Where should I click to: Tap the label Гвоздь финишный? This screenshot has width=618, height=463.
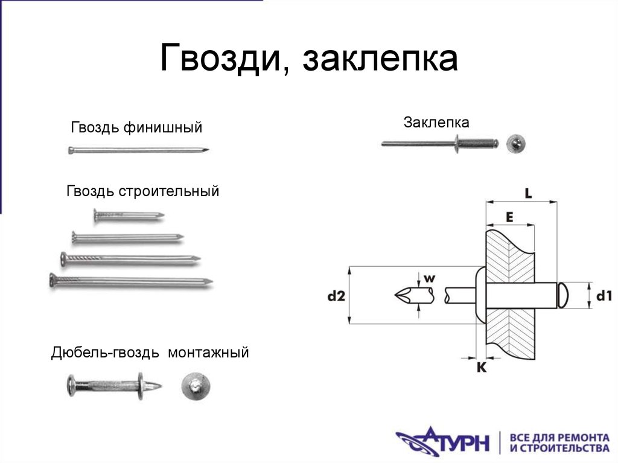[136, 127]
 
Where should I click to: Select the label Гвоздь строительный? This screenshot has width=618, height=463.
[142, 192]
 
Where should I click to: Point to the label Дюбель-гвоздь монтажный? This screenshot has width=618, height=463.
[150, 353]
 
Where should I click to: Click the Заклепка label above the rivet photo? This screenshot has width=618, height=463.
[436, 123]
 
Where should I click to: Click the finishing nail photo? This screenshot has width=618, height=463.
[139, 150]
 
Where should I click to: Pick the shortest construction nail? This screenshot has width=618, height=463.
[129, 214]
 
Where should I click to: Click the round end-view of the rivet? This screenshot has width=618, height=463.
[516, 144]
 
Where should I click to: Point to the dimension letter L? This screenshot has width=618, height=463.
[527, 194]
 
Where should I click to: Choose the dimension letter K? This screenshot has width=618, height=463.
[482, 367]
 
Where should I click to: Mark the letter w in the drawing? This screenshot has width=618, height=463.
[429, 278]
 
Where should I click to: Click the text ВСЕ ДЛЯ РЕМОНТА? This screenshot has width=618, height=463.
[559, 436]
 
